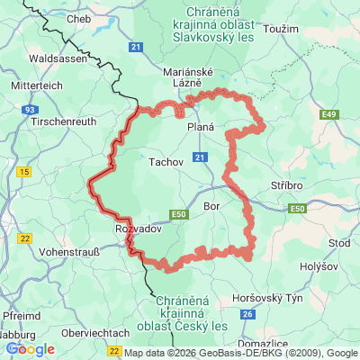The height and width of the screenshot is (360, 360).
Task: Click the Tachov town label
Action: click(165, 162)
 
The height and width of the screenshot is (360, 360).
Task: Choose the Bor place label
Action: click(212, 206)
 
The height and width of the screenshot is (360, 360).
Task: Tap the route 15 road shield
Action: click(24, 171)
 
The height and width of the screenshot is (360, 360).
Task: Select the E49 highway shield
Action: click(328, 114)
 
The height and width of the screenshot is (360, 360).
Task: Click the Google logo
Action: click(30, 349)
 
